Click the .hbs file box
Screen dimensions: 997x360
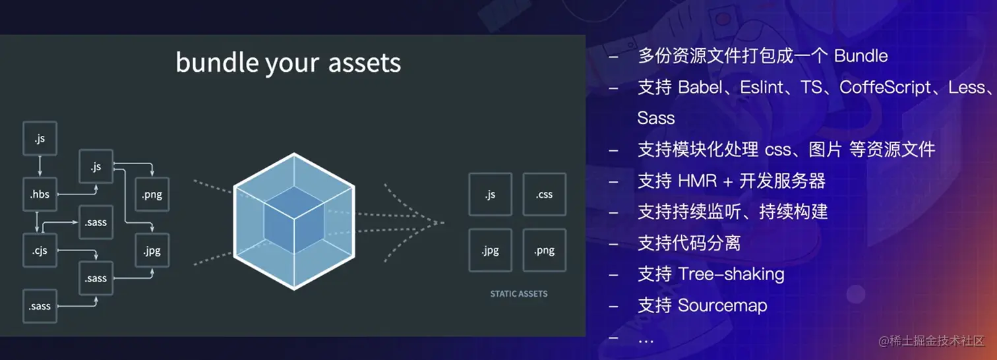pyautogui.click(x=40, y=195)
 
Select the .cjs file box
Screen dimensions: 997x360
pyautogui.click(x=40, y=251)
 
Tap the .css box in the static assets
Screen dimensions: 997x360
pyautogui.click(x=545, y=195)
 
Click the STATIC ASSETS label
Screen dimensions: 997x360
pyautogui.click(x=518, y=293)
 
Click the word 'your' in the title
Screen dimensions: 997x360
pyautogui.click(x=292, y=64)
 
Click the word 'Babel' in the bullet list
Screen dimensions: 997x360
pyautogui.click(x=700, y=87)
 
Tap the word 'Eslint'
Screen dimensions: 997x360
pyautogui.click(x=762, y=87)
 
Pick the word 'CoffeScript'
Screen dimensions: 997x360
pyautogui.click(x=885, y=88)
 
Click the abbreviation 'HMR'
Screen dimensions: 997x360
pyautogui.click(x=698, y=181)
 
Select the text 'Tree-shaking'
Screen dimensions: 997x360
pyautogui.click(x=731, y=274)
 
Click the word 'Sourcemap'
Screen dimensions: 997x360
pyautogui.click(x=723, y=306)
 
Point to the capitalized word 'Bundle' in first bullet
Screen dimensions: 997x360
pyautogui.click(x=861, y=56)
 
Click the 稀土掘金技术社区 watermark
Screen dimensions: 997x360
pyautogui.click(x=932, y=341)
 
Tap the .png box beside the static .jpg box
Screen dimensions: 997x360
pyautogui.click(x=545, y=251)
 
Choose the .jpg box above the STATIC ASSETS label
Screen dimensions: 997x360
pyautogui.click(x=490, y=251)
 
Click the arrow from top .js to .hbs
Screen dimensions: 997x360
pyautogui.click(x=40, y=166)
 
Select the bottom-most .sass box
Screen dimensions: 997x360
pyautogui.click(x=40, y=306)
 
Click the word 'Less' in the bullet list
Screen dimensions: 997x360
pyautogui.click(x=966, y=87)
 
